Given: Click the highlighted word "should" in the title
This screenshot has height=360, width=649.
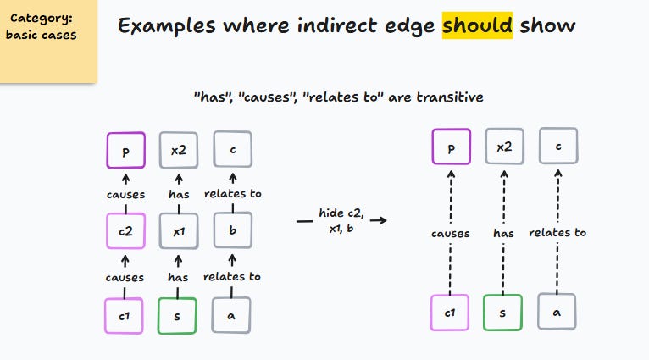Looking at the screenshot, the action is (477, 25).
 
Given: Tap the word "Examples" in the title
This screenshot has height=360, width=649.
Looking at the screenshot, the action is (167, 26).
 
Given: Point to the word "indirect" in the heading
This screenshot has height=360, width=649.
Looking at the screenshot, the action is (336, 25).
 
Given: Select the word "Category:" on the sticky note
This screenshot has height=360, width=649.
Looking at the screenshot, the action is (42, 18).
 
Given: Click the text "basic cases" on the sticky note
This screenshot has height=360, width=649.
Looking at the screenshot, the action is (41, 35).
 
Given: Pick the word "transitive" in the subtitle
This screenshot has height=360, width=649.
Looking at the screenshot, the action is (450, 97).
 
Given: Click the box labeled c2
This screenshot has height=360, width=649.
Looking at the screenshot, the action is (126, 231).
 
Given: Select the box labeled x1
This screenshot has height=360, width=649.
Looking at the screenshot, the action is (179, 231).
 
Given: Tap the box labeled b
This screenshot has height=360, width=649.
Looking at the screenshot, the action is (233, 230).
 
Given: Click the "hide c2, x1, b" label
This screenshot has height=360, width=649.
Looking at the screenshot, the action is (341, 220).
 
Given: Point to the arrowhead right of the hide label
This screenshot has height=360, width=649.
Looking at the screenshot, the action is (382, 220).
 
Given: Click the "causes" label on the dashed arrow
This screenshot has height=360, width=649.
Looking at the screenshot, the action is (451, 234).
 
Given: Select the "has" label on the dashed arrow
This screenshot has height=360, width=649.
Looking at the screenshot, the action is (503, 234).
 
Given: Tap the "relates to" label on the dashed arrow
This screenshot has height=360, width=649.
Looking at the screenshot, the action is (557, 233).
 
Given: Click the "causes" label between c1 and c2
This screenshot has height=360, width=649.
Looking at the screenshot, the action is (125, 277).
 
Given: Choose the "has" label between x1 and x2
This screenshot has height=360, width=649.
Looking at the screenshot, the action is (179, 194).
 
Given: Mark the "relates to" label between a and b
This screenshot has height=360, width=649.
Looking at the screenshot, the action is (232, 276).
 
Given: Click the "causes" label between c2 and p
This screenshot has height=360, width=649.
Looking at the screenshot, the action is (126, 195).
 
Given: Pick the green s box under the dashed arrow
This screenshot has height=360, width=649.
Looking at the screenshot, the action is (502, 313).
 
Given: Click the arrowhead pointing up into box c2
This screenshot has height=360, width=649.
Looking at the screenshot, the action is (125, 260).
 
